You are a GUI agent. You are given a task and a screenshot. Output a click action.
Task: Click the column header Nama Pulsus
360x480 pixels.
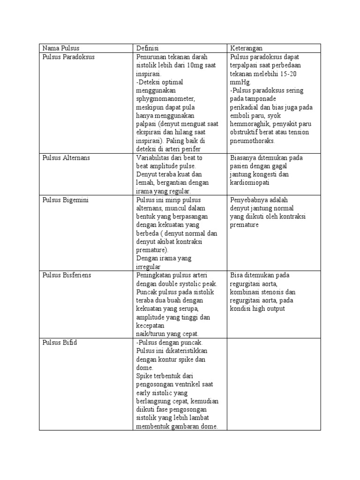(61, 48)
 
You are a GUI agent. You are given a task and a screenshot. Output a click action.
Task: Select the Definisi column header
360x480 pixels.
(148, 48)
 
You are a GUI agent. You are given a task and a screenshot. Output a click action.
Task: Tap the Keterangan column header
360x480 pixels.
(246, 48)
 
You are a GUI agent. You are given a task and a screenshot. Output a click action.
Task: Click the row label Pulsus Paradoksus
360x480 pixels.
(68, 57)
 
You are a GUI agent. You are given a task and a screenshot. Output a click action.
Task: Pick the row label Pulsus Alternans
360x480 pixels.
(66, 157)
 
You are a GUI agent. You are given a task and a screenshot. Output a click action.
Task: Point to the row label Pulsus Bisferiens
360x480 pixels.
(67, 275)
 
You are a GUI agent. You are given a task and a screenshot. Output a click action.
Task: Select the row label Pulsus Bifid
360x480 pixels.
(60, 342)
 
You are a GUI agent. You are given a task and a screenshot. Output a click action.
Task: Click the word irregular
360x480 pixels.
(148, 267)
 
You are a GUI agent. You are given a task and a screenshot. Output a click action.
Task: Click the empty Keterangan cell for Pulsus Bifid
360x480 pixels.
(274, 384)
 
